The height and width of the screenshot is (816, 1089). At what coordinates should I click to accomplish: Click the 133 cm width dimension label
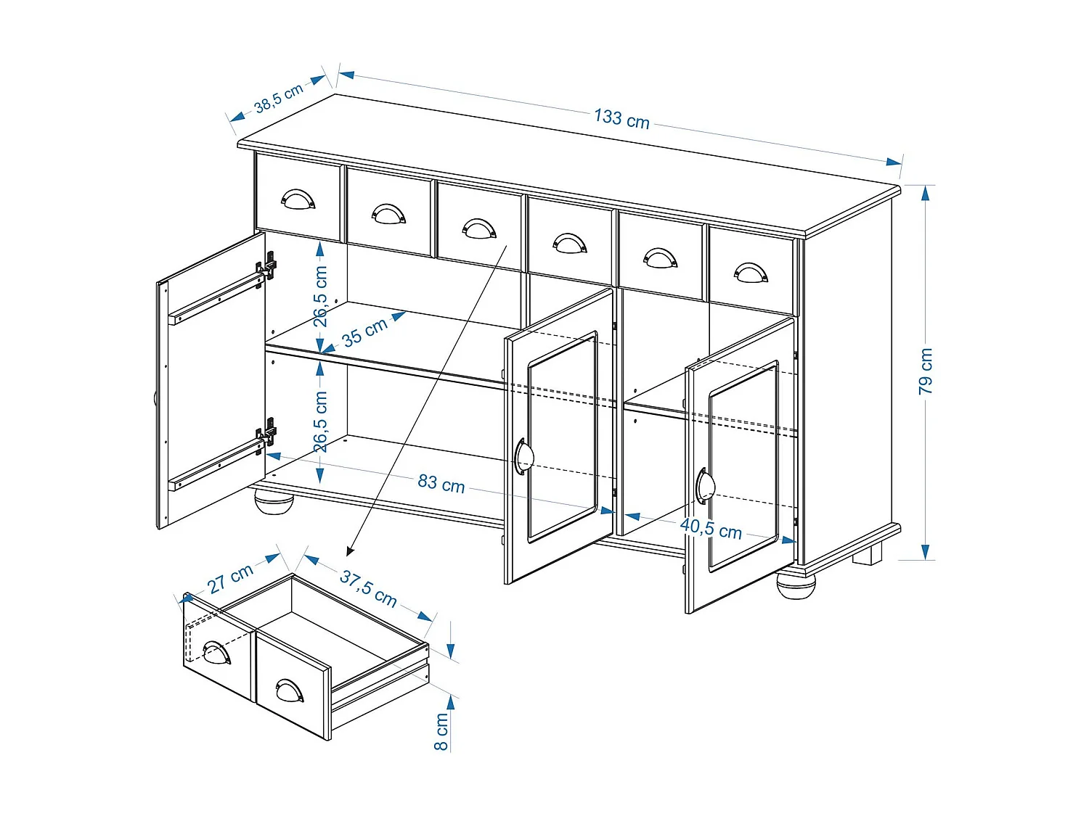[x=621, y=118]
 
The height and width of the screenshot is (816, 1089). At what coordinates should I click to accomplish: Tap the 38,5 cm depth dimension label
[x=278, y=99]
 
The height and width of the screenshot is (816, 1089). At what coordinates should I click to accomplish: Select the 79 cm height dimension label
[x=926, y=371]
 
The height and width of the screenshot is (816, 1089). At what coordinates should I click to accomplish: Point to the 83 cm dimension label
[x=441, y=483]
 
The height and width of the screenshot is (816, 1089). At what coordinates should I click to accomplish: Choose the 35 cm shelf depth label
[x=364, y=333]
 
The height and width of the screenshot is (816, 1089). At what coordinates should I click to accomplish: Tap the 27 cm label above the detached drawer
[x=230, y=579]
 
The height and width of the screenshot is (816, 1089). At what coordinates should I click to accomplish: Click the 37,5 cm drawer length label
[x=368, y=588]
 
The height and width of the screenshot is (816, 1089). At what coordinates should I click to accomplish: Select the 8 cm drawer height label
[x=441, y=732]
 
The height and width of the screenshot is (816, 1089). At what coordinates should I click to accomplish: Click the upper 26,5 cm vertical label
[x=320, y=295]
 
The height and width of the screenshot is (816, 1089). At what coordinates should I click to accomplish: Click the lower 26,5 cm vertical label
[x=320, y=422]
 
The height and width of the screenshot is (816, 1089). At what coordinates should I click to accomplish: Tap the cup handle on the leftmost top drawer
[x=298, y=199]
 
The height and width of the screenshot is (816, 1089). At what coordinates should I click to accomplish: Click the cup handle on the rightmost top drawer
[x=751, y=273]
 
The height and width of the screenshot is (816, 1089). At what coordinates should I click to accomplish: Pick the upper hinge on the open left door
[x=267, y=266]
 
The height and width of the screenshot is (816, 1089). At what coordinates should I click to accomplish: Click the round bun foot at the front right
[x=796, y=584]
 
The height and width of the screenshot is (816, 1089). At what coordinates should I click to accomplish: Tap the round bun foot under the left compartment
[x=274, y=501]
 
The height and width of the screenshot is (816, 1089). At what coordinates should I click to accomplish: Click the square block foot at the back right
[x=867, y=555]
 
